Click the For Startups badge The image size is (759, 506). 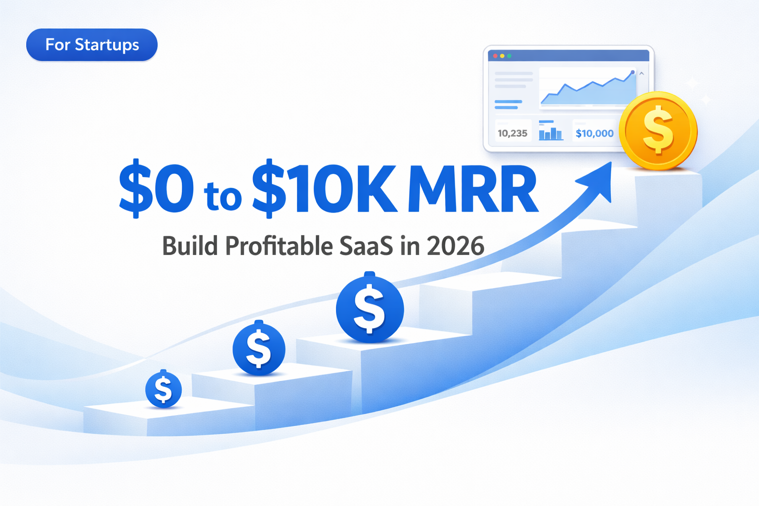click(x=92, y=45)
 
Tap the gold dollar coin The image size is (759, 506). click(x=658, y=131)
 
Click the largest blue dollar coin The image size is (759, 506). click(x=370, y=309)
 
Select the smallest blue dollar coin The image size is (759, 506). click(x=164, y=389)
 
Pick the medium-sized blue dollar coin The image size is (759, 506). click(x=259, y=348)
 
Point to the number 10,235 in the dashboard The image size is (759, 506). click(x=512, y=133)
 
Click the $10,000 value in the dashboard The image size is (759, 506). click(x=594, y=133)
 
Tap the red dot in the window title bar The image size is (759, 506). click(x=495, y=56)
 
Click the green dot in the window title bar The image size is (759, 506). click(x=509, y=56)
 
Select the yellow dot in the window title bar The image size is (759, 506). click(x=502, y=56)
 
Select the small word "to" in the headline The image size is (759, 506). click(x=223, y=196)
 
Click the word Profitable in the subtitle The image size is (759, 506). click(x=279, y=246)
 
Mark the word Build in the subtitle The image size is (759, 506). click(x=190, y=246)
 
